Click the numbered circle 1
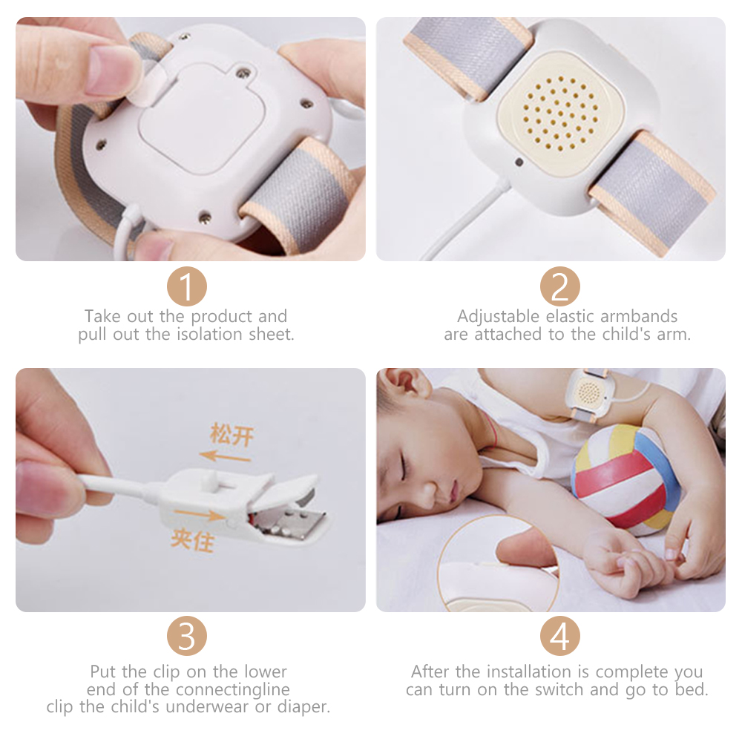pos(186,286)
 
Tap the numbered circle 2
pos(559,286)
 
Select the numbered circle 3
pos(186,636)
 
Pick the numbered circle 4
pos(559,636)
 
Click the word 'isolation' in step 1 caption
pos(214,334)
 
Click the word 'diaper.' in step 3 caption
pos(303,707)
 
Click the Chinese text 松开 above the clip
pos(232,434)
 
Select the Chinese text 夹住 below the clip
pos(193,539)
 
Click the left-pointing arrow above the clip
pos(225,457)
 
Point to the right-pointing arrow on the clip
pos(199,514)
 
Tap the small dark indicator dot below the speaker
pos(519,162)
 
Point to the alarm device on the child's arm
pos(588,393)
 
